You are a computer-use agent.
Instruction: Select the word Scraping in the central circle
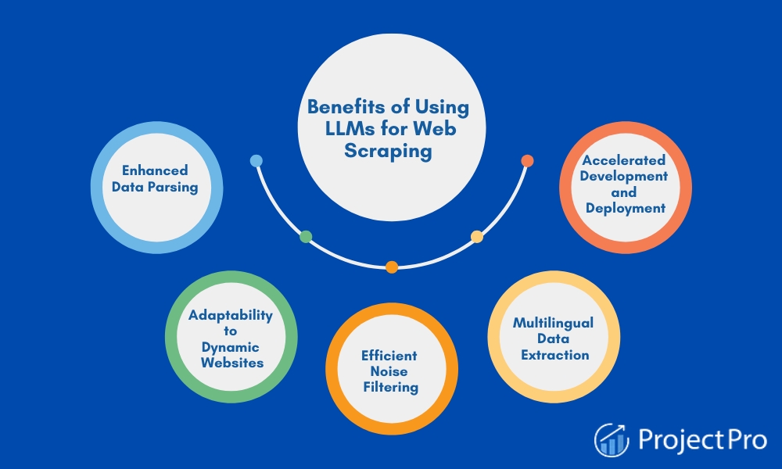pyautogui.click(x=388, y=151)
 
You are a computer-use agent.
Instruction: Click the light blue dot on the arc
pyautogui.click(x=256, y=160)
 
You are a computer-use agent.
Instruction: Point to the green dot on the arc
pyautogui.click(x=306, y=237)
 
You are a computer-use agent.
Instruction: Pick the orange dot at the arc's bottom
pyautogui.click(x=392, y=267)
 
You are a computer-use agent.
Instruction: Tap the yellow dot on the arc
pyautogui.click(x=477, y=237)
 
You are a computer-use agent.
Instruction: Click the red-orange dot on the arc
pyautogui.click(x=527, y=160)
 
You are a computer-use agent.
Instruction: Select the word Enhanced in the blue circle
pyautogui.click(x=155, y=170)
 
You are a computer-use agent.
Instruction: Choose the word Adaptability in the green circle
pyautogui.click(x=231, y=316)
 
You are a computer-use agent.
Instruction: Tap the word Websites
pyautogui.click(x=232, y=363)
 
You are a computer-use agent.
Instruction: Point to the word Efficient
pyautogui.click(x=389, y=356)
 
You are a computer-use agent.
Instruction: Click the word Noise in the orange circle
pyautogui.click(x=389, y=371)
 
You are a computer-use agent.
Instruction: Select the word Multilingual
pyautogui.click(x=553, y=323)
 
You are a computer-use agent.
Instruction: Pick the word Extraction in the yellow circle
pyautogui.click(x=555, y=355)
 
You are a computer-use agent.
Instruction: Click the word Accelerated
pyautogui.click(x=624, y=160)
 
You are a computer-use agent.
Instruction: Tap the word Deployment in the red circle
pyautogui.click(x=626, y=209)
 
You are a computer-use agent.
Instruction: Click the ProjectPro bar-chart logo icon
pyautogui.click(x=612, y=439)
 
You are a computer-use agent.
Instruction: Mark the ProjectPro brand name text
pyautogui.click(x=703, y=439)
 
